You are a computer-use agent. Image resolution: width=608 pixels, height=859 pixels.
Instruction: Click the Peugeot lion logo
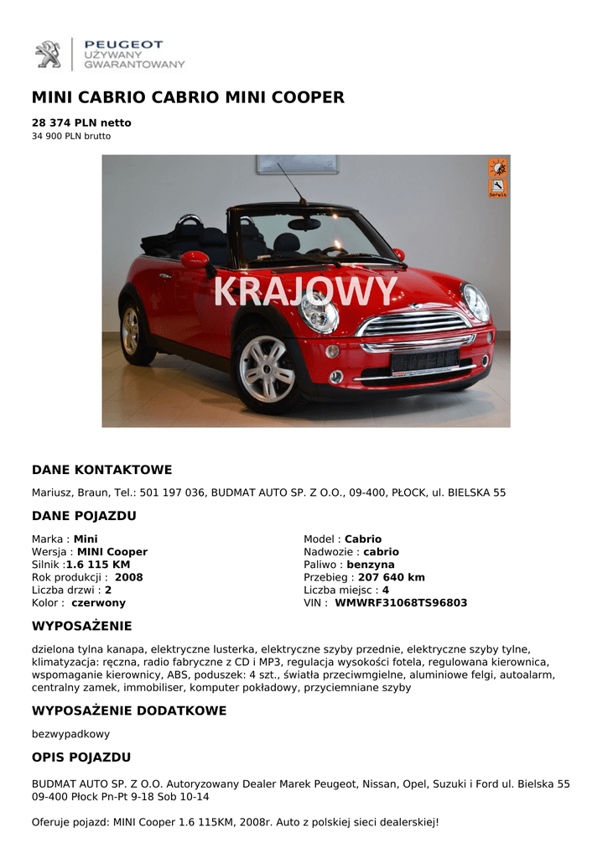(x=48, y=55)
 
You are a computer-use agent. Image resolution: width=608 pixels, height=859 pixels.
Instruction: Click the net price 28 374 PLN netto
(x=81, y=122)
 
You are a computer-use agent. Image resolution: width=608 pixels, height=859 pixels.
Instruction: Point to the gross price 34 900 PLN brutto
(x=71, y=136)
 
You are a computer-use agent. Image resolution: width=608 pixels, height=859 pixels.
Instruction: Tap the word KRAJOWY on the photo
(x=304, y=293)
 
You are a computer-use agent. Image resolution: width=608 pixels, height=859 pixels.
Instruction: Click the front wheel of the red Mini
(x=266, y=368)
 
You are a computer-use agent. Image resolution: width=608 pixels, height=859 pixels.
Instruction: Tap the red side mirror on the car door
(x=195, y=260)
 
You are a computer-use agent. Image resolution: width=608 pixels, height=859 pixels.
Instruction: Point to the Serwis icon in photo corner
(x=497, y=189)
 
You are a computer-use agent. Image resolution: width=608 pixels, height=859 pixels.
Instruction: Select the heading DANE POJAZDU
(x=84, y=516)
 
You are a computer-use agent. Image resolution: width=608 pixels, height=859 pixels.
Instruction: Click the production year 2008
(x=128, y=577)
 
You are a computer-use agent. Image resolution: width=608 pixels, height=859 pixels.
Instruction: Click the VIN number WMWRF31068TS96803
(x=401, y=602)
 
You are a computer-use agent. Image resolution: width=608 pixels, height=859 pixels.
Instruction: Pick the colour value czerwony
(x=98, y=602)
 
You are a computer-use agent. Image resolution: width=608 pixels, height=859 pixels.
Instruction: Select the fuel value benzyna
(x=371, y=565)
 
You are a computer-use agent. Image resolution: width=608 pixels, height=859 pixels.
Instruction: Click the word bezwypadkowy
(x=70, y=734)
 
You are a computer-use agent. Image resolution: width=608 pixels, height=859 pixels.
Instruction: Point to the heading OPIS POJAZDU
(x=81, y=757)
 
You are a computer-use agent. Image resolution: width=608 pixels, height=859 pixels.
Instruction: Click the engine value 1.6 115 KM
(x=98, y=565)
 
